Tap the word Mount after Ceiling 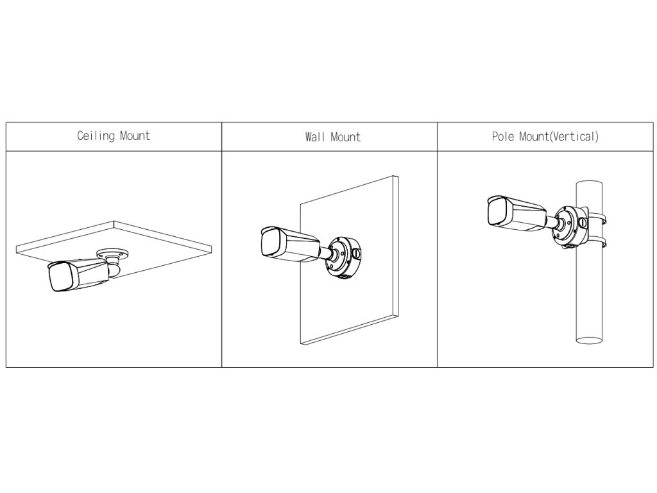click(x=135, y=136)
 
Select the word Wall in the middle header click(x=315, y=137)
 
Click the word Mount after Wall click(x=345, y=137)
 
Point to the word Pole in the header click(x=503, y=137)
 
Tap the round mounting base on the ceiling click(x=112, y=255)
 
